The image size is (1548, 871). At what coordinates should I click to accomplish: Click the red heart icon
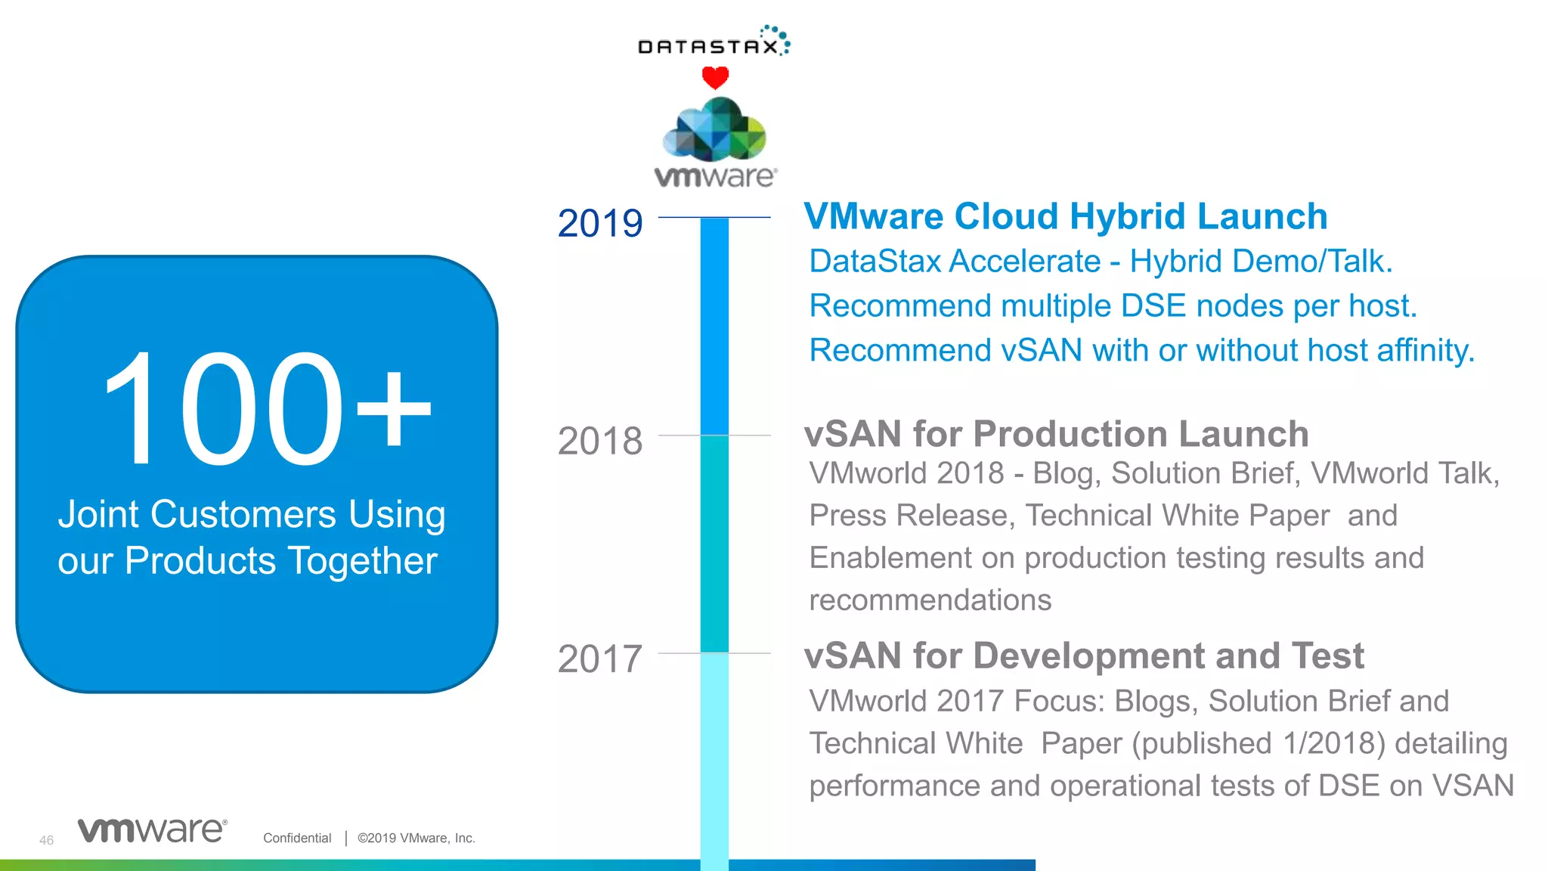point(715,77)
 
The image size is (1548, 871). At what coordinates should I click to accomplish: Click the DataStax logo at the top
point(714,42)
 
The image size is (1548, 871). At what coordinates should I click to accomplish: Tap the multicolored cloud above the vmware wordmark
point(714,130)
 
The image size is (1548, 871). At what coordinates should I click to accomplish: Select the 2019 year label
point(600,224)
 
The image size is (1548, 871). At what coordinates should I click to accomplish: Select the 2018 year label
point(600,442)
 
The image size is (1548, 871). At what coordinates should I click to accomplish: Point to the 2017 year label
point(600,659)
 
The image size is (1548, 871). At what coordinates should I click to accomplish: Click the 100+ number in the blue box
point(266,410)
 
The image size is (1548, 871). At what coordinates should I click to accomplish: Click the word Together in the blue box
point(362,562)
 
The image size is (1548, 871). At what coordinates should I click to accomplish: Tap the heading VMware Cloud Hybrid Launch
point(1065,217)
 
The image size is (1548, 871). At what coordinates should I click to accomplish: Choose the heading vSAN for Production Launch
point(1056,435)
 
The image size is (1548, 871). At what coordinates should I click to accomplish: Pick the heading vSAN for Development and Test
point(1084,656)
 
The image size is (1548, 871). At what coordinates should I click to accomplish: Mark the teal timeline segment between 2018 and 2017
point(714,544)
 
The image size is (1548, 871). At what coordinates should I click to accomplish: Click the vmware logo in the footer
point(152,830)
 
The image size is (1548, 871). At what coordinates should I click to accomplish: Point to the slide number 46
point(46,840)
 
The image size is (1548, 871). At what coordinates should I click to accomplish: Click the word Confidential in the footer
point(297,838)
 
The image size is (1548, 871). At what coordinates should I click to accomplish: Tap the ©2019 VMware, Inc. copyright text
point(416,838)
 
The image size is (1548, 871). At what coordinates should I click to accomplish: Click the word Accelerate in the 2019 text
point(1025,262)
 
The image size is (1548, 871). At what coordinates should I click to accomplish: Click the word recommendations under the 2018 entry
point(930,600)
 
